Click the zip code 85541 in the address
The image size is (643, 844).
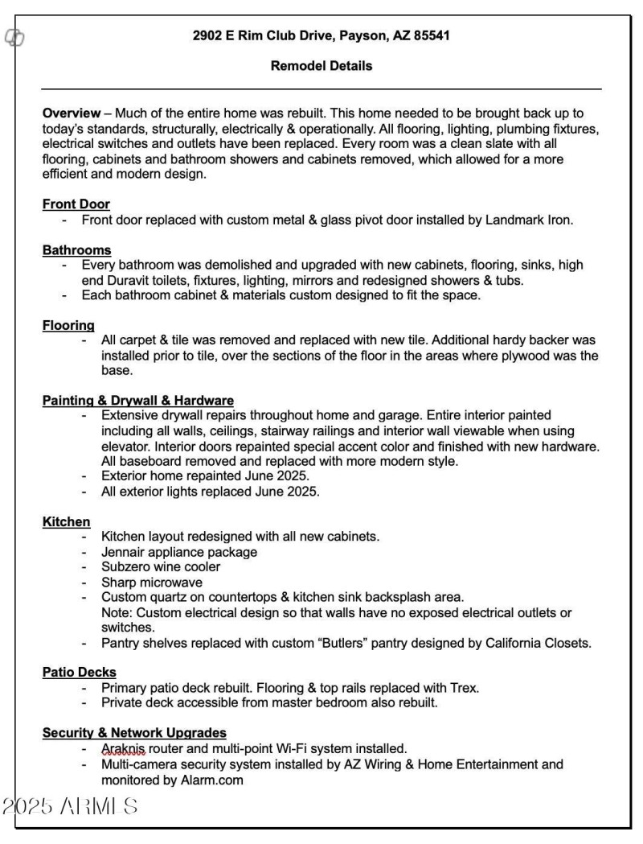431,35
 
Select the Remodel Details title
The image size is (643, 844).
321,66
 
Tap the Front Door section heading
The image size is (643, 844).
76,204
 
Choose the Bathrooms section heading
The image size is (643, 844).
77,250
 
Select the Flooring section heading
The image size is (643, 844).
69,325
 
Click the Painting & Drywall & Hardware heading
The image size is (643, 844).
138,400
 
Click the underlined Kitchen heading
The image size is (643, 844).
66,521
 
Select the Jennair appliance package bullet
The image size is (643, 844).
178,552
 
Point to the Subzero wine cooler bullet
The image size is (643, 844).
161,567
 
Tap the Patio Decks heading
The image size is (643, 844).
80,672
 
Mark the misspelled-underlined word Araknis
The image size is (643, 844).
123,748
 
